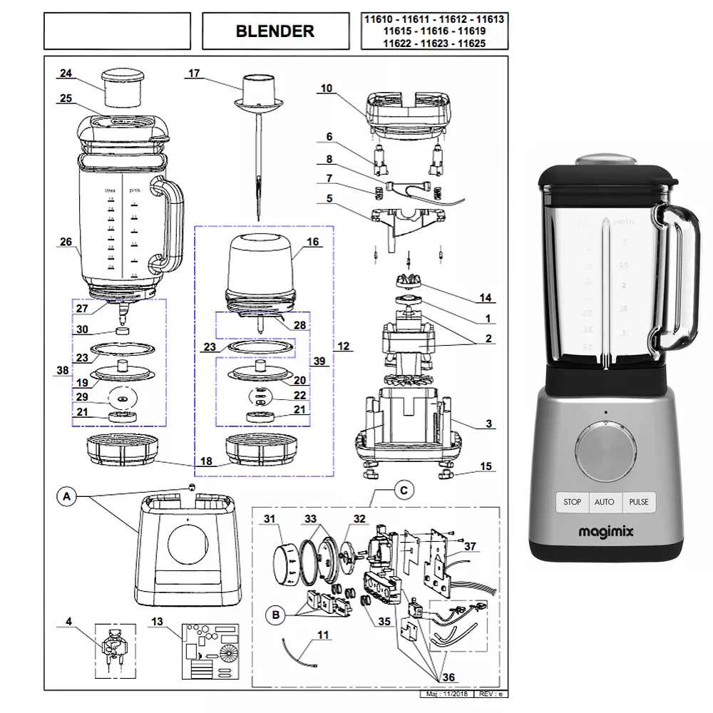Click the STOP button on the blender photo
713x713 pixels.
[x=572, y=502]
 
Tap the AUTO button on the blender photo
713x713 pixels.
[x=604, y=502]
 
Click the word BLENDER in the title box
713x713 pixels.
[x=275, y=31]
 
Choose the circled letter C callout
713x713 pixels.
[x=404, y=490]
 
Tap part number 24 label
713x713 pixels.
[x=66, y=73]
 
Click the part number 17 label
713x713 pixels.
[x=195, y=73]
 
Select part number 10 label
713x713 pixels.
[x=327, y=88]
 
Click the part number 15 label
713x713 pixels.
[x=486, y=467]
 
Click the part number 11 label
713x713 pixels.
[x=323, y=634]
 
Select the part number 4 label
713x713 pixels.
[x=68, y=622]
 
